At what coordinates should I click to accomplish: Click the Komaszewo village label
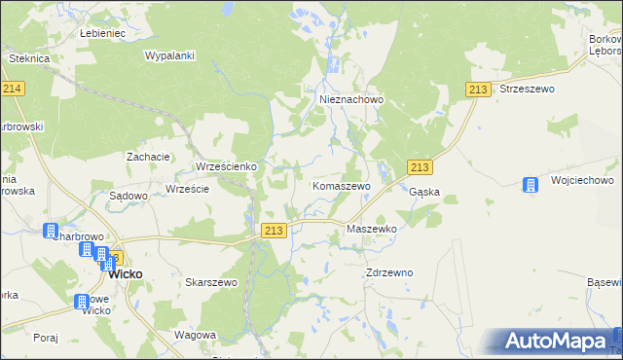(x=341, y=185)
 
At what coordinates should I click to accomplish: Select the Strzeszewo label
(x=526, y=89)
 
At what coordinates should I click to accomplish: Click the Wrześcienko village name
(x=227, y=166)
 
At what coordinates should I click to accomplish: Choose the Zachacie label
(x=149, y=157)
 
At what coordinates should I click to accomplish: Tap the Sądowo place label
(x=128, y=196)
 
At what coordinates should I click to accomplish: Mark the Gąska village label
(x=424, y=193)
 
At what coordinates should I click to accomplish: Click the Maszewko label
(x=371, y=229)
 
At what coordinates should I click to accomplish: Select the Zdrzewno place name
(x=389, y=272)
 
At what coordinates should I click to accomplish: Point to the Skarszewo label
(x=211, y=282)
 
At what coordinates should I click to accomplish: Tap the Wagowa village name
(x=194, y=335)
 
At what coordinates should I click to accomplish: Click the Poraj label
(x=45, y=338)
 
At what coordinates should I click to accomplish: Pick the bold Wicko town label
(x=125, y=274)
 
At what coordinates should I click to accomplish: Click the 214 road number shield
(x=13, y=89)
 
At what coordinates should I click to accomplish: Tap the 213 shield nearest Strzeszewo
(x=477, y=90)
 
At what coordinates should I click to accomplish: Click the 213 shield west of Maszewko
(x=274, y=231)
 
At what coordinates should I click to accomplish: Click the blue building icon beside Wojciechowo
(x=531, y=184)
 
